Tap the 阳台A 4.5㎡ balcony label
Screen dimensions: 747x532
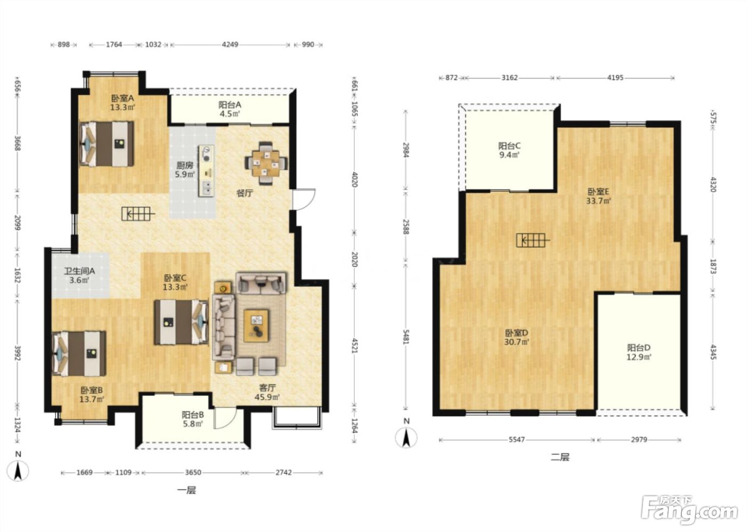[x=230, y=109]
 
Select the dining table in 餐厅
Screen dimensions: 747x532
[x=266, y=163]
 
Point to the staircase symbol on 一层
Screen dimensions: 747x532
[x=138, y=213]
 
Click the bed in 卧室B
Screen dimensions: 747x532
[x=80, y=353]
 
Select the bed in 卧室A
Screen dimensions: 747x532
[x=106, y=144]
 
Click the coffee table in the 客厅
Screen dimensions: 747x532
[x=256, y=326]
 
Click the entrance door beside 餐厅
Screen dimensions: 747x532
[x=304, y=199]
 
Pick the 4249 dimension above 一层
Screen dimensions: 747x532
[x=230, y=44]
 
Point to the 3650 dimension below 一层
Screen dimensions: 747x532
[x=193, y=472]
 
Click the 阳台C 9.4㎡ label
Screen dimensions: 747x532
[x=509, y=150]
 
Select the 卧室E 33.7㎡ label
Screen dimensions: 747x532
[x=598, y=196]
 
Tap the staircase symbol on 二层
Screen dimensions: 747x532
[x=533, y=240]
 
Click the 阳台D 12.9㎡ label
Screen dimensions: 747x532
[x=639, y=353]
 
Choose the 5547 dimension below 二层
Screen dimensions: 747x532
[x=516, y=440]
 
